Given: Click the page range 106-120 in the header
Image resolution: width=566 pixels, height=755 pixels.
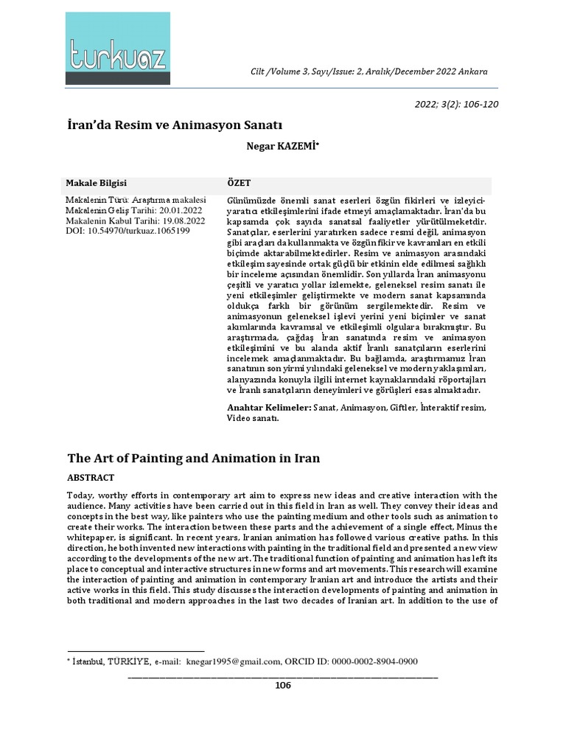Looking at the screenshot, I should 472,103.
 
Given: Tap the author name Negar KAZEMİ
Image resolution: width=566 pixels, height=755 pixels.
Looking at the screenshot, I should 282,146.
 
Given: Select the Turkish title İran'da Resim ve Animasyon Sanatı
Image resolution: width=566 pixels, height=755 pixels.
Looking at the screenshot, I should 175,125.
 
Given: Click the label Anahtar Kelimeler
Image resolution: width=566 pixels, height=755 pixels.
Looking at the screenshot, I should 269,407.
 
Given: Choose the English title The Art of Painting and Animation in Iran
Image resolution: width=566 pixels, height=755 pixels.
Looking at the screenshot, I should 194,458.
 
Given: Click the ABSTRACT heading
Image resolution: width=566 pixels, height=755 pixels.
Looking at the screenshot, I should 91,477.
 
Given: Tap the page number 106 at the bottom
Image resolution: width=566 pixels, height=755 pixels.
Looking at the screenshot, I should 283,685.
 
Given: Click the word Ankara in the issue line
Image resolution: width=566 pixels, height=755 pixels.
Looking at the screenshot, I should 472,71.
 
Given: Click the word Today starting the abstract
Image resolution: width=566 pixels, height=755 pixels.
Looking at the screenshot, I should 80,495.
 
